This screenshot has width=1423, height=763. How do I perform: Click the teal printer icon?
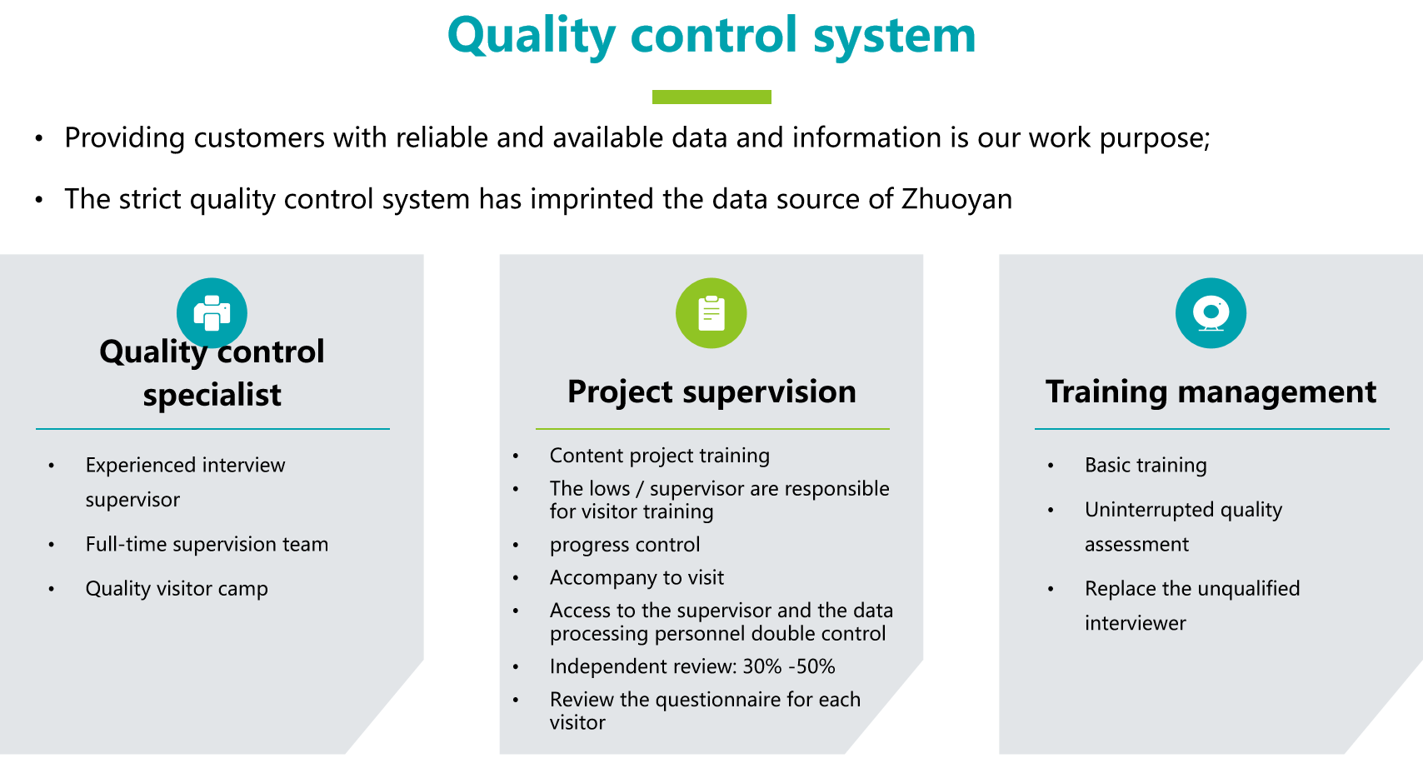point(212,312)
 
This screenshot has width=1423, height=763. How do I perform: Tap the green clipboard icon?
point(711,312)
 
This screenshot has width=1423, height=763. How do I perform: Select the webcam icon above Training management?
point(1211,312)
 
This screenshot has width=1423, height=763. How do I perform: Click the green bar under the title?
point(711,97)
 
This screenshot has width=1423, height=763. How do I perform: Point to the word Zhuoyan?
point(956,199)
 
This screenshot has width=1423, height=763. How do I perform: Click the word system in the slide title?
point(895,36)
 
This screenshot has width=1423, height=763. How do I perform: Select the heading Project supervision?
point(711,391)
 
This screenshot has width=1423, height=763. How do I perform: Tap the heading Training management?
point(1211,391)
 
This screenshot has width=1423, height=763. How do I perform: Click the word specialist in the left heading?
point(212,395)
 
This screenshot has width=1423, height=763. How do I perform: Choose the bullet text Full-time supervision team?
point(207,545)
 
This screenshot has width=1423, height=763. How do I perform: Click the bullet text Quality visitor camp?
point(177,589)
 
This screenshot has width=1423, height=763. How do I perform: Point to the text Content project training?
point(659,456)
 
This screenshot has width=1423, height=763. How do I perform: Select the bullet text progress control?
point(625,545)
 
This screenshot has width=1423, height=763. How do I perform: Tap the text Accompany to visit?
point(637,577)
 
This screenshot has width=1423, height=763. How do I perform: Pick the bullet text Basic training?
point(1146,465)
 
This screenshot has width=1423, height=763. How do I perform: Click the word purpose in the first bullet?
point(1154,138)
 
